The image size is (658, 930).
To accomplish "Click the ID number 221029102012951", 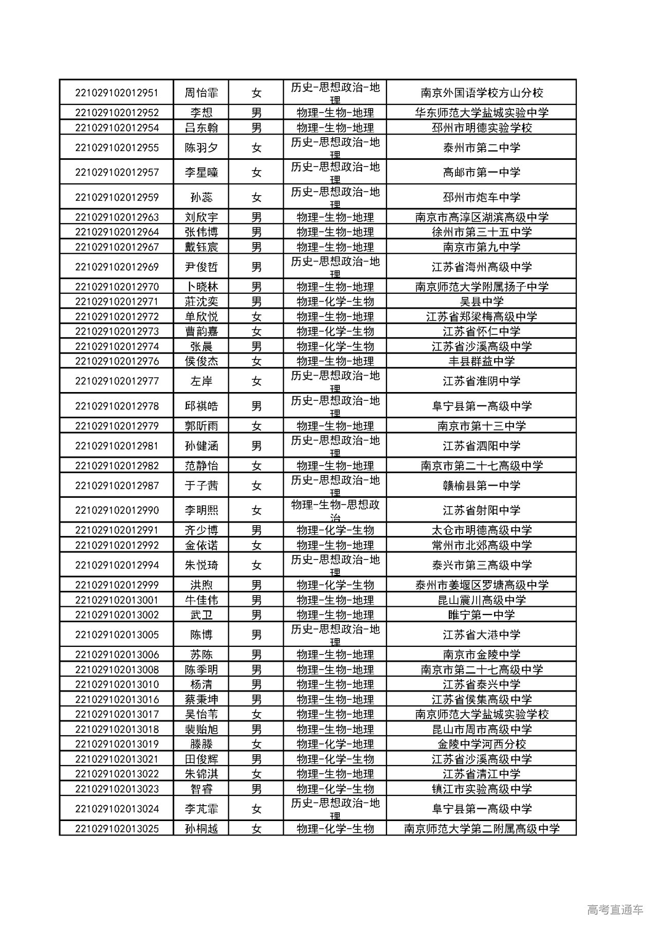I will (x=117, y=93).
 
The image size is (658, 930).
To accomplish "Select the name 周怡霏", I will (x=202, y=93).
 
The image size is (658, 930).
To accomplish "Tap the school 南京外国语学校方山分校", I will (x=482, y=93).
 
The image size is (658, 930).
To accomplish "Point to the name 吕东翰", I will (x=202, y=128).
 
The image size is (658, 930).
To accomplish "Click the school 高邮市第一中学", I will (x=482, y=173).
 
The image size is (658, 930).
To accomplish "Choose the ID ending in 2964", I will (x=117, y=232).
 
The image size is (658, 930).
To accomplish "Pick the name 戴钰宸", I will (x=202, y=247).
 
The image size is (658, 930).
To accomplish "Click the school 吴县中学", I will (x=482, y=302).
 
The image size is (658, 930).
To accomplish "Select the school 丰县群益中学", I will (x=482, y=361).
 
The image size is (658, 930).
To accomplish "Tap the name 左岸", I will (x=202, y=381).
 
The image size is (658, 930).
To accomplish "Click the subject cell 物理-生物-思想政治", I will (x=335, y=510).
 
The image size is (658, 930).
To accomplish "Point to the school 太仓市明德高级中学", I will (x=482, y=530).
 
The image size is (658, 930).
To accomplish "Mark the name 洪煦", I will (x=202, y=585).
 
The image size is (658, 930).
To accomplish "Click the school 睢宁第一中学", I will (x=482, y=615).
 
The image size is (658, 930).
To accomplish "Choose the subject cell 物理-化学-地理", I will (x=335, y=744).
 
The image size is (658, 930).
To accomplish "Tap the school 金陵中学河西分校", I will (x=482, y=744).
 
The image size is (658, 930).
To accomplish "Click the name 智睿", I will (x=202, y=789).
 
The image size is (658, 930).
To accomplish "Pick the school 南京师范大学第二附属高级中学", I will (x=482, y=829).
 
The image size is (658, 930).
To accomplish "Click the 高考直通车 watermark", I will (x=615, y=910).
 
